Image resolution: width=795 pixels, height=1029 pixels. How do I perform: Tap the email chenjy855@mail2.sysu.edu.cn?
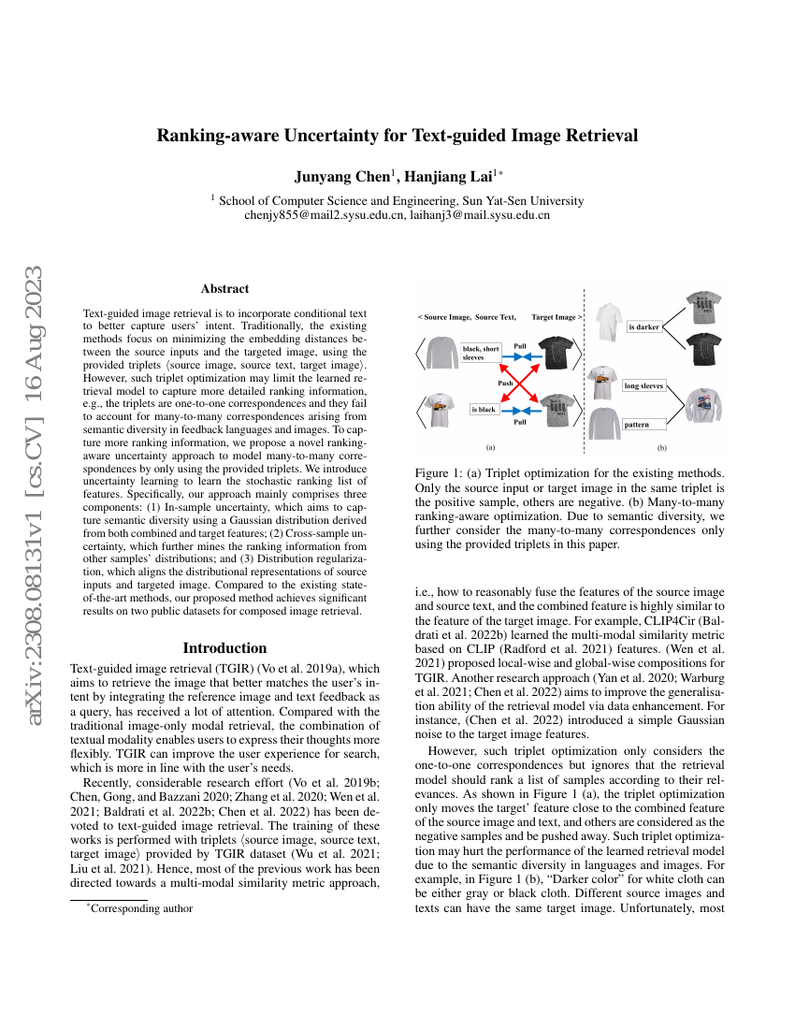tap(319, 214)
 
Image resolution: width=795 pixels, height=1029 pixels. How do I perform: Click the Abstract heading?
tap(224, 289)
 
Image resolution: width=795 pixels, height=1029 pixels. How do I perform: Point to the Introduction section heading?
tap(224, 647)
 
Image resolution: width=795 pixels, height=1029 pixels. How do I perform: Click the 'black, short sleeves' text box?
tap(481, 353)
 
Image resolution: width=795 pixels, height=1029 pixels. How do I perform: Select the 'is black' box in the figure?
tap(484, 409)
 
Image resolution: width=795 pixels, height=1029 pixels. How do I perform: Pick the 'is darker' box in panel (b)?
tap(644, 327)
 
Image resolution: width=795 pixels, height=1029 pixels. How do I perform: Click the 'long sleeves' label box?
tap(644, 385)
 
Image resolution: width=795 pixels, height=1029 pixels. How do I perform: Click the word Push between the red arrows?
tap(505, 384)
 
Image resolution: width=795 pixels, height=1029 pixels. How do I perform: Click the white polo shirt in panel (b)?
tap(608, 321)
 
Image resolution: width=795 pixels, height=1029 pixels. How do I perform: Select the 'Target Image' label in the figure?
tap(555, 317)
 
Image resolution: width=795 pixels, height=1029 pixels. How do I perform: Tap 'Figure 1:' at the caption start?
tap(437, 474)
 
